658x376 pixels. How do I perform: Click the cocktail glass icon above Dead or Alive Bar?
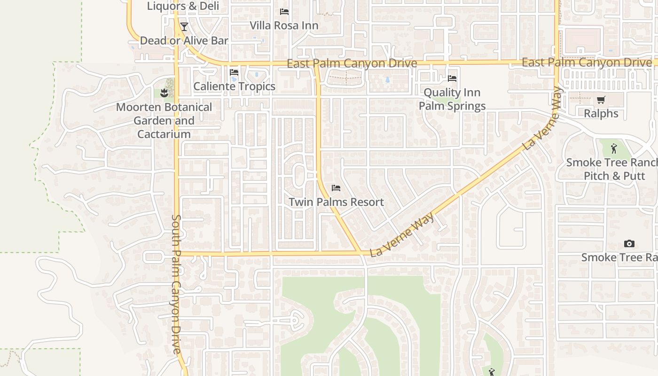[184, 27]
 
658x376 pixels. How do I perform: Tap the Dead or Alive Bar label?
[184, 41]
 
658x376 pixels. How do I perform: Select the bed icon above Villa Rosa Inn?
[284, 12]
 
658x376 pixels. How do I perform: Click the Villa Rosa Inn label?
[284, 25]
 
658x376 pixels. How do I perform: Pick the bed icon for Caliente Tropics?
[234, 73]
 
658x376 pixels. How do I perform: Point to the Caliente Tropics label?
[234, 86]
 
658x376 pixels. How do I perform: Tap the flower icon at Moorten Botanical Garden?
[164, 93]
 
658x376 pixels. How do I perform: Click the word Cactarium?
[164, 134]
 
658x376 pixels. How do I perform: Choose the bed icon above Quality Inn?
[452, 78]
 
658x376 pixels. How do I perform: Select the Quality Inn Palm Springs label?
[452, 99]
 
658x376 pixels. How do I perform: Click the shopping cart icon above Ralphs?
[601, 100]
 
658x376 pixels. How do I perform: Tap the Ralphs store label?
[601, 114]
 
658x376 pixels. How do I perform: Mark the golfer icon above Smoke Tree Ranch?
[614, 149]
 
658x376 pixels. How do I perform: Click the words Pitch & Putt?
[614, 176]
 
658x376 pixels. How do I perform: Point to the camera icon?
[629, 243]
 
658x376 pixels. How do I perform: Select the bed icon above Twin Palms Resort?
[336, 188]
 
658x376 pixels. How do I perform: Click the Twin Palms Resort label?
[336, 203]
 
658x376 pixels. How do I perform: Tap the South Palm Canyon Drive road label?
[176, 284]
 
